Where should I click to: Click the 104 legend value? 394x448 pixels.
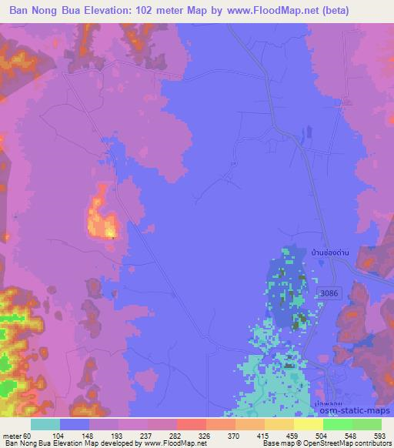[x=58, y=436]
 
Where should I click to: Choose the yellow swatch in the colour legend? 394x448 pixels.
[x=308, y=424]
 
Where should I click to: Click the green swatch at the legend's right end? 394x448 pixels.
[x=366, y=424]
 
